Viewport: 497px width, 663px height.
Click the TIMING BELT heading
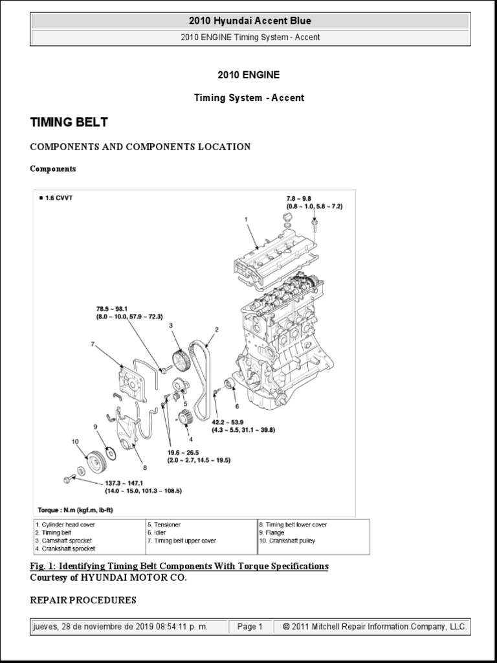(69, 122)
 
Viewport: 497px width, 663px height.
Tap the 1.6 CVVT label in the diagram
(56, 197)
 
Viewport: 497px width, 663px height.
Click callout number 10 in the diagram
(75, 442)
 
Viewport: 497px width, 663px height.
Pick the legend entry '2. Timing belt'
(55, 533)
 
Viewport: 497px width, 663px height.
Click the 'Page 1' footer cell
(250, 627)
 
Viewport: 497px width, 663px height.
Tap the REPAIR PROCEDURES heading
(83, 600)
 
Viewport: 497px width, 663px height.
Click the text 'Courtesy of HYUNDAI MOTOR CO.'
(109, 578)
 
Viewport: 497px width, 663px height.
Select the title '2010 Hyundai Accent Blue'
(250, 21)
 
